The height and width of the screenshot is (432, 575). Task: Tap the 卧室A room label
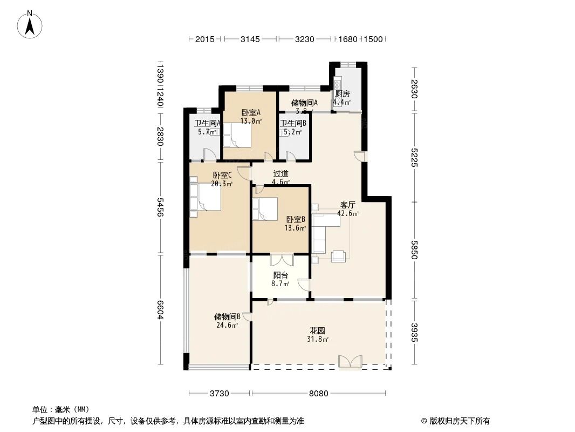[251, 112]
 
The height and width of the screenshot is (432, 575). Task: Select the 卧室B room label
[296, 219]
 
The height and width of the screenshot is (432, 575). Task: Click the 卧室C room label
[222, 175]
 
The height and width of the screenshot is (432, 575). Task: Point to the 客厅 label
[347, 205]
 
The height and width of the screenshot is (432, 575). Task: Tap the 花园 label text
[317, 330]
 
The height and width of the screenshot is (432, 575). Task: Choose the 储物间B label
[227, 316]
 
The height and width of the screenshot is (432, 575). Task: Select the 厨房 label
[342, 93]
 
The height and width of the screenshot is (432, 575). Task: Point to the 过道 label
[280, 174]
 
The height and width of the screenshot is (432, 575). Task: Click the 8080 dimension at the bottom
[319, 393]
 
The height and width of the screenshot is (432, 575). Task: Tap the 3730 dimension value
[220, 393]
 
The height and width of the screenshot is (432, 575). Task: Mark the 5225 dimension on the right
[414, 157]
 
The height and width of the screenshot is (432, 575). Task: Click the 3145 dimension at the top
[250, 39]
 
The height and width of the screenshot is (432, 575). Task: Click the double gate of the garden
[350, 362]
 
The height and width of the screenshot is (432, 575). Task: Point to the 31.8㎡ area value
[318, 340]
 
